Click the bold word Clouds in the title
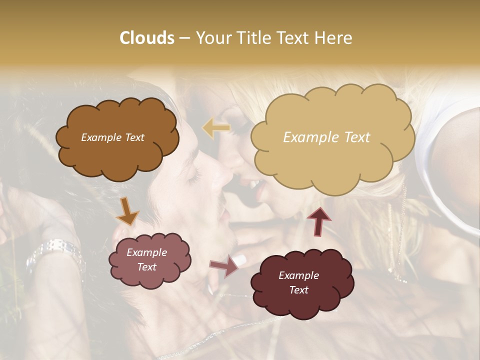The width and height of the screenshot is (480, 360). point(147,38)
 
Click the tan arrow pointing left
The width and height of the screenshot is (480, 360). point(216,128)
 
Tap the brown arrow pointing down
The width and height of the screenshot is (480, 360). point(127,211)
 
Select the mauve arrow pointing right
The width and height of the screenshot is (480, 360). point(224,266)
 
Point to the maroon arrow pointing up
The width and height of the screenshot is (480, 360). point(318,220)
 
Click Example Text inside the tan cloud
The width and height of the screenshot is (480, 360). point(326,137)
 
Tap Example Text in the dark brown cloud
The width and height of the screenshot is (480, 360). point(112,137)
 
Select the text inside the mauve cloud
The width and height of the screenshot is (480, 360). point(146,260)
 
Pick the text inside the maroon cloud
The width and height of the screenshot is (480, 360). point(298,282)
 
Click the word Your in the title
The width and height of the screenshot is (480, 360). point(212,38)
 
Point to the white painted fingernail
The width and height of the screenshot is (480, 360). point(240,260)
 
